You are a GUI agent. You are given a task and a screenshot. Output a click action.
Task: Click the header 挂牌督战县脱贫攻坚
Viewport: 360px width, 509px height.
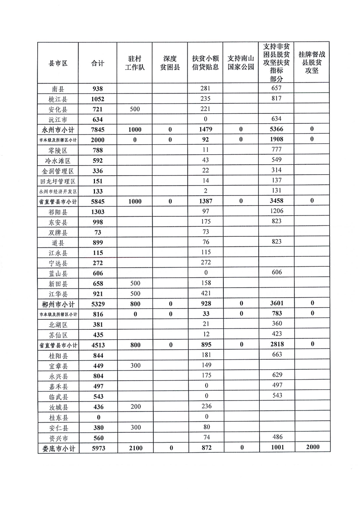tap(311, 63)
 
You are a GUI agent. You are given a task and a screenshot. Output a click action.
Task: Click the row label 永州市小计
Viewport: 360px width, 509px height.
tap(58, 130)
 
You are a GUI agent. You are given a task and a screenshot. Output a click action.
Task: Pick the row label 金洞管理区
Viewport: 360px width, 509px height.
tap(58, 171)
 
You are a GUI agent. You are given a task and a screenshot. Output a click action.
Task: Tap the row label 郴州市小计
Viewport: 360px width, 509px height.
tap(58, 304)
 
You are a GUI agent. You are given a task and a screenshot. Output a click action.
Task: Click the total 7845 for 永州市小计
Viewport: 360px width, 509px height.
tap(97, 130)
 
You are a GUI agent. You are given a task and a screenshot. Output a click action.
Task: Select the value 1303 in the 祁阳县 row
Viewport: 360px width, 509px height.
tap(97, 212)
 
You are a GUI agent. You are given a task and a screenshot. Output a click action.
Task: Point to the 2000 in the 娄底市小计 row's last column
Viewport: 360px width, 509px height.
tap(311, 447)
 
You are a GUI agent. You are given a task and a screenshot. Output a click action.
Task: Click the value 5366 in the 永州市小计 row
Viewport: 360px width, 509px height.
tap(276, 129)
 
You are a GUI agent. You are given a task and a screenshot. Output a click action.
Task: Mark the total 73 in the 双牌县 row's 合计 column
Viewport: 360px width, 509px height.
tap(97, 232)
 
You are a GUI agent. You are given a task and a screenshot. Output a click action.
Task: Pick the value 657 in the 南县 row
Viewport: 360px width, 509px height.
tap(276, 88)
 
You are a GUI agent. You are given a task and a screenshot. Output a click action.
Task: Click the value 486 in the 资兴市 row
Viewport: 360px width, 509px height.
tap(276, 437)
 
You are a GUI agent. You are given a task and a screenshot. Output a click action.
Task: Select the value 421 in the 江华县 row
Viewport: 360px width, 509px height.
tap(206, 294)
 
